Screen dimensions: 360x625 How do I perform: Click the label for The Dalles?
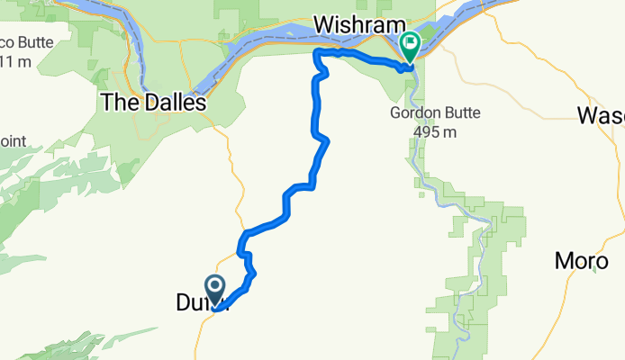point(153,103)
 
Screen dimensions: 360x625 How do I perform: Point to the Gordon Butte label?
point(435,113)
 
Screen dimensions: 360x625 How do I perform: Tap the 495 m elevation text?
point(431,131)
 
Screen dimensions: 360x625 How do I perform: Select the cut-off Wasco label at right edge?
point(601,115)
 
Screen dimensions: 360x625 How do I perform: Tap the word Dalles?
point(176,103)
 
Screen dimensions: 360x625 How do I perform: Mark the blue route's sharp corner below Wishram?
point(315,54)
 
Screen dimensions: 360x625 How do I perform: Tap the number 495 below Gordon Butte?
point(424,131)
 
